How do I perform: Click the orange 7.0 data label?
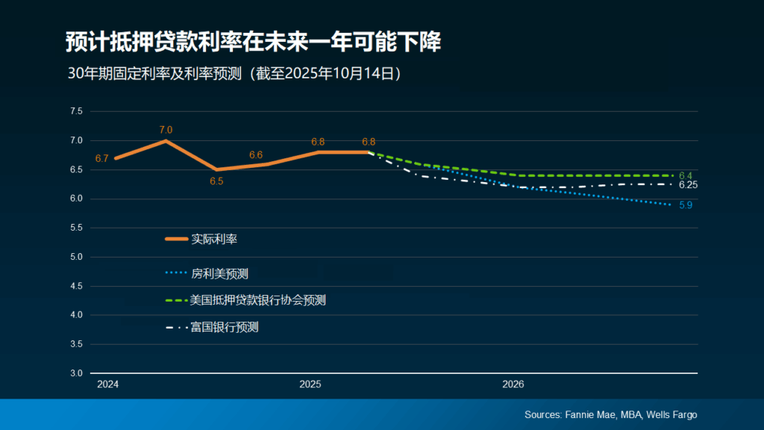click(x=166, y=130)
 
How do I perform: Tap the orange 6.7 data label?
click(x=102, y=158)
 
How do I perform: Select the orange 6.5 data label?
click(x=217, y=181)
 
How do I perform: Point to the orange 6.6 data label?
click(x=256, y=155)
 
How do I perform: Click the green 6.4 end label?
click(x=686, y=175)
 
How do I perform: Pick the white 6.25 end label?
click(x=688, y=185)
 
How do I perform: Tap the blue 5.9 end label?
click(x=686, y=205)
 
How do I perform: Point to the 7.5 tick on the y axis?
click(x=76, y=111)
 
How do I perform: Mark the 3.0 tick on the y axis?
click(x=76, y=373)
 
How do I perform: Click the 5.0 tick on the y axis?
click(x=76, y=257)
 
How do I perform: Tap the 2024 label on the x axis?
click(x=108, y=384)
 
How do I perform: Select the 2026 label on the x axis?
click(x=513, y=384)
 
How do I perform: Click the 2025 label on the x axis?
click(x=310, y=384)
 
